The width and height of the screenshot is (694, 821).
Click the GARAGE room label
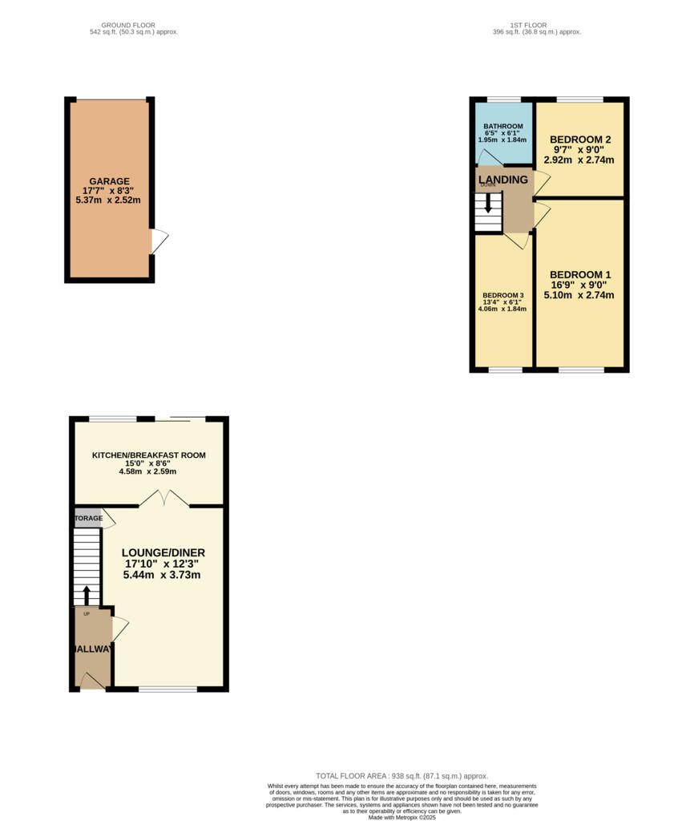(x=109, y=181)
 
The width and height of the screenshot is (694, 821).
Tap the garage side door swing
(x=159, y=241)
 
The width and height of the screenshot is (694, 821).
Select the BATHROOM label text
(x=502, y=127)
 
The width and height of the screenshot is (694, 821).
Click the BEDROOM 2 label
(x=579, y=140)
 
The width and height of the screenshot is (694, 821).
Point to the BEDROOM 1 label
(x=579, y=274)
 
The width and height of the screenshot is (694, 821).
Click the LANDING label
(x=503, y=180)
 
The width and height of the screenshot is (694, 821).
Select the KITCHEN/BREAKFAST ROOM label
(x=149, y=455)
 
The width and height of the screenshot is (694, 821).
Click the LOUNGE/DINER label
(x=163, y=552)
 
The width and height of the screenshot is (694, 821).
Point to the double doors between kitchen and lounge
(x=164, y=499)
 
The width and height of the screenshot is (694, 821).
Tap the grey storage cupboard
(x=88, y=518)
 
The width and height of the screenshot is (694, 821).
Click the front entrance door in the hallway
(x=92, y=681)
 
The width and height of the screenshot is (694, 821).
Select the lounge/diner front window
(x=167, y=689)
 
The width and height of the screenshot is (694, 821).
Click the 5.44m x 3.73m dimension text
(x=163, y=575)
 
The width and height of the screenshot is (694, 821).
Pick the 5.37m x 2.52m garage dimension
(x=109, y=200)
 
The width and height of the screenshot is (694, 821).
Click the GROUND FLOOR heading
(x=134, y=26)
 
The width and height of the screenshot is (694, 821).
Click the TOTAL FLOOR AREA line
(x=401, y=776)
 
